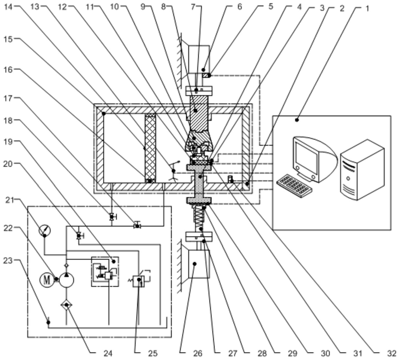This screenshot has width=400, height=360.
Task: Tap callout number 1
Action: click(x=368, y=8)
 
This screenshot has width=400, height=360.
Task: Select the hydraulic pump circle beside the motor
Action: click(x=66, y=279)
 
